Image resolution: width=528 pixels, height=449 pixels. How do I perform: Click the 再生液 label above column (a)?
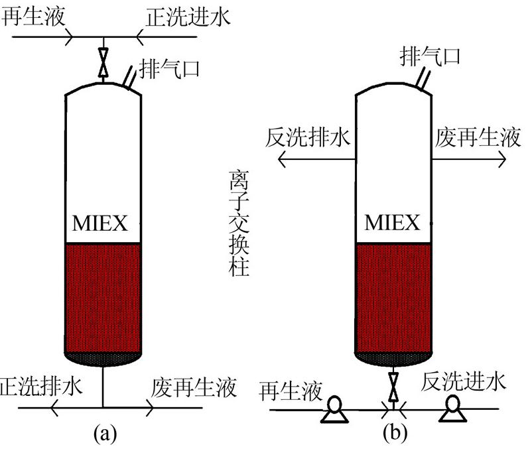coord(33,16)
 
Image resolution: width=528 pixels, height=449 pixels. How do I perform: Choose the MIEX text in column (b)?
coord(393,222)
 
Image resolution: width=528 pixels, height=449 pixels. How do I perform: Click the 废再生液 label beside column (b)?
coord(478,139)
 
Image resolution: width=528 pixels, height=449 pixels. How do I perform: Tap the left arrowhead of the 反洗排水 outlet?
coord(281,159)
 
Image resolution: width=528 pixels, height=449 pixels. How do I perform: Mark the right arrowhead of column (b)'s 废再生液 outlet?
coord(505,159)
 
